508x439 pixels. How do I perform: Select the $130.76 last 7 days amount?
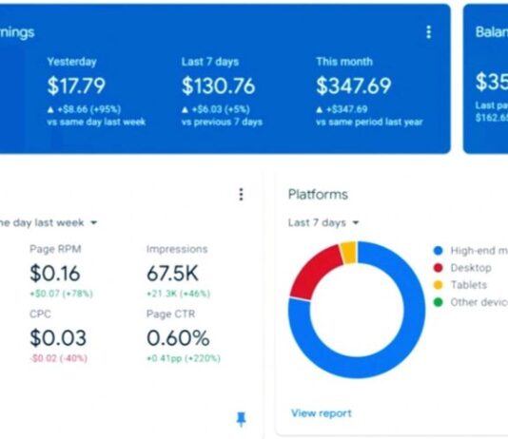pos(218,86)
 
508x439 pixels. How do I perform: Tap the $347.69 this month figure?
pos(353,86)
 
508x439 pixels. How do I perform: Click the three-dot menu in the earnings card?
pos(428,32)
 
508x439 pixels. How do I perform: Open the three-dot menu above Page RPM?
pos(241,194)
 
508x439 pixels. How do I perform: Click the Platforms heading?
pos(318,194)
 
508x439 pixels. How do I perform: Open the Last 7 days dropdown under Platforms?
pos(324,222)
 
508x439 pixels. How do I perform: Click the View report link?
pos(321,413)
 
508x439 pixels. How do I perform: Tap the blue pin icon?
pos(241,418)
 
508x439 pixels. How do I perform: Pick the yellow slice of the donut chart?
pos(347,252)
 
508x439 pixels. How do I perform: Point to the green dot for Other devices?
pos(438,302)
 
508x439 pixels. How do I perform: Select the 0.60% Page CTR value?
pos(178,337)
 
